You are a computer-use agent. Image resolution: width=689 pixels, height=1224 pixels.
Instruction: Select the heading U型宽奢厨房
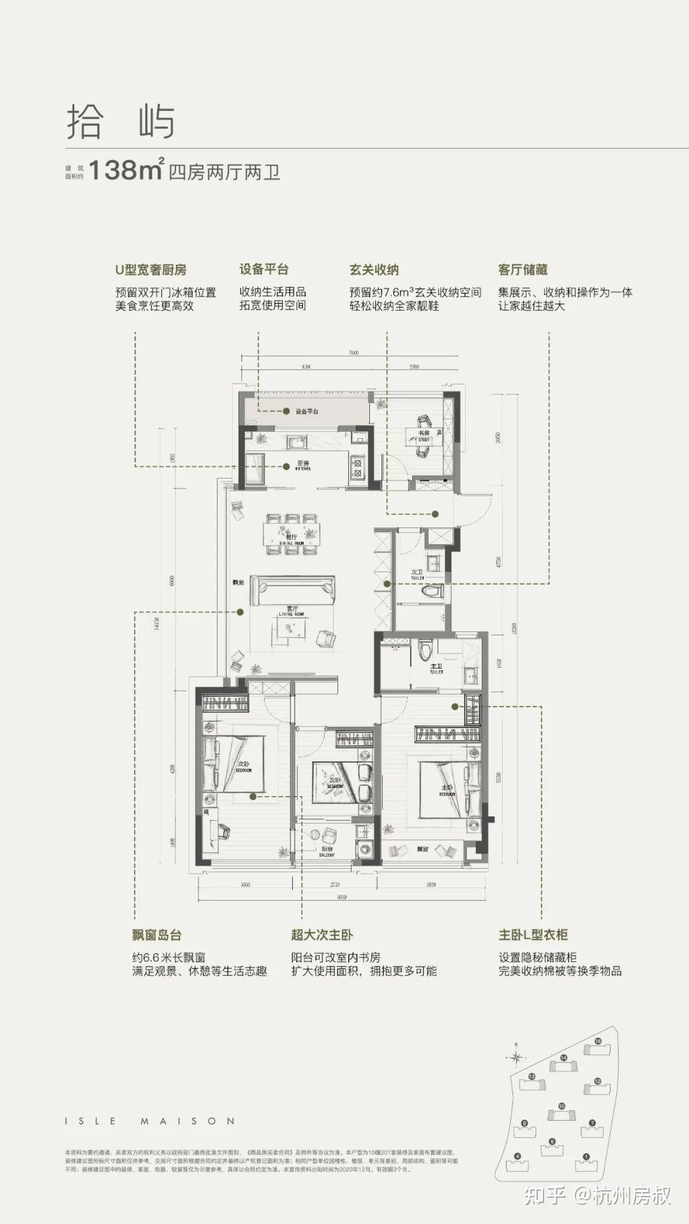(x=151, y=270)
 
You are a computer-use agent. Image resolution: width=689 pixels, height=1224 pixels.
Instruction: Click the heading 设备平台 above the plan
(x=263, y=269)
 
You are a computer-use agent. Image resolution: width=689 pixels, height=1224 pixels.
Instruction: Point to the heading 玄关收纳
(x=374, y=270)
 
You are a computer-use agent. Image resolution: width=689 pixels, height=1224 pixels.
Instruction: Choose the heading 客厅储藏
(x=522, y=270)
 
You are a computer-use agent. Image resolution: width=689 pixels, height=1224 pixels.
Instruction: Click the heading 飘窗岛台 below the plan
(x=157, y=935)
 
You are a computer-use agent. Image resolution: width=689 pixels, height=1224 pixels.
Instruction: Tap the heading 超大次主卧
(x=322, y=935)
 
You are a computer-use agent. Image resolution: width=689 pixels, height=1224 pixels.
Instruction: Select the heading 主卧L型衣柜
(x=533, y=935)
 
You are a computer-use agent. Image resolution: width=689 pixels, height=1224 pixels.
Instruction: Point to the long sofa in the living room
(x=292, y=590)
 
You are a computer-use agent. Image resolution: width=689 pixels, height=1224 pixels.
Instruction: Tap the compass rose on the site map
(x=515, y=1057)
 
